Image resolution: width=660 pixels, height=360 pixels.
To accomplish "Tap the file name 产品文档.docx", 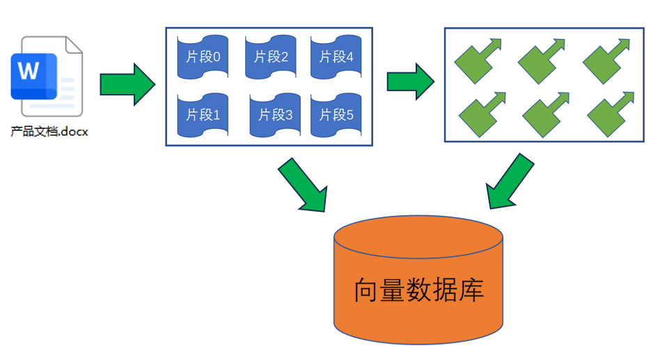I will [x=49, y=131].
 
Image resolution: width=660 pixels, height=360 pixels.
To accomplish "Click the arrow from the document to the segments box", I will [x=127, y=84].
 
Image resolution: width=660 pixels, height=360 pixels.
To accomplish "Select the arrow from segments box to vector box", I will [x=410, y=81].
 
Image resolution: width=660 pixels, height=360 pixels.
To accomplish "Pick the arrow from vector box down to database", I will [x=510, y=182].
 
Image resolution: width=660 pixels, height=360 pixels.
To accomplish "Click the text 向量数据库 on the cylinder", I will [x=418, y=290].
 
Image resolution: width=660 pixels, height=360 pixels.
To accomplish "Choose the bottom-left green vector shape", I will [x=480, y=114].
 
